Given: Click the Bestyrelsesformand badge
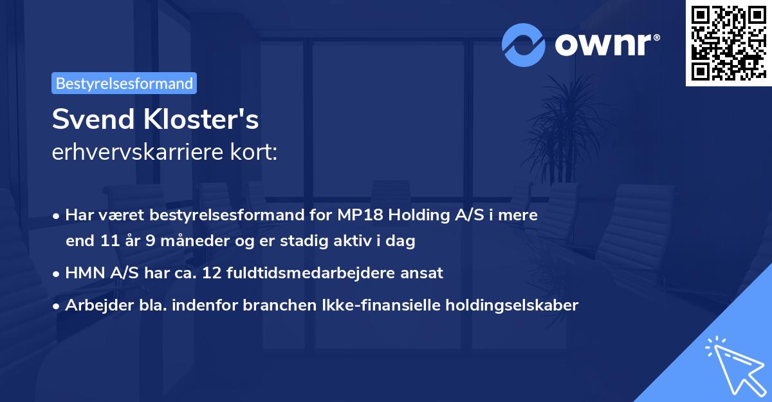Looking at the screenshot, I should pos(124,83).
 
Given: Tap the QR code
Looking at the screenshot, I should pos(728,43).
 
